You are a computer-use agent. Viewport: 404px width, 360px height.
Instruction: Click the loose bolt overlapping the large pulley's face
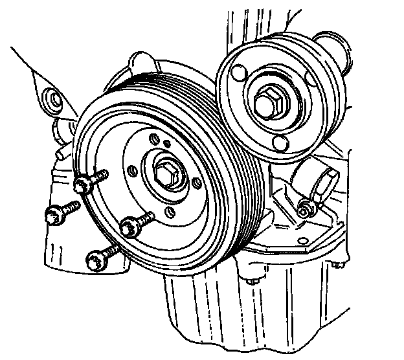click(131, 225)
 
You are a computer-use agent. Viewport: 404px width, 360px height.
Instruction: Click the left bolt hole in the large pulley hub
click(131, 170)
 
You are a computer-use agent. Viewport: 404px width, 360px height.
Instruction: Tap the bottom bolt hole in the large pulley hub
click(170, 212)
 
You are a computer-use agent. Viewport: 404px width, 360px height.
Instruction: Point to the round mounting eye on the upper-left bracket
click(49, 100)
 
